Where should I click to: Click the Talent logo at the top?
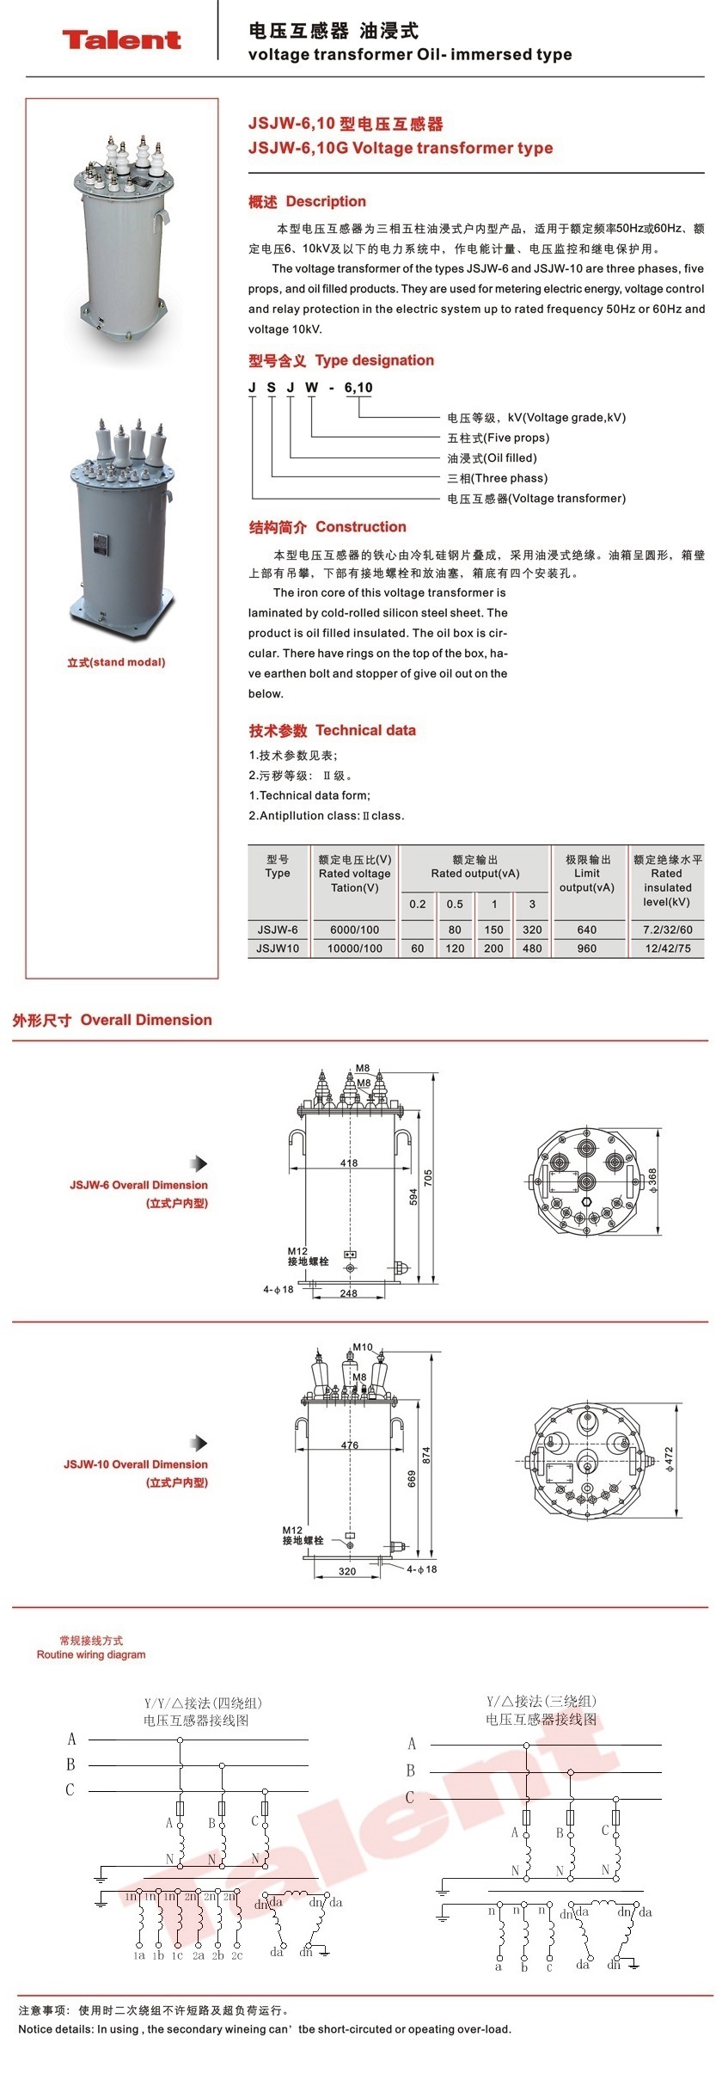coord(121,40)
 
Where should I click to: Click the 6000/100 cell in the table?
coord(354,930)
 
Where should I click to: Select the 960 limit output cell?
coord(587,948)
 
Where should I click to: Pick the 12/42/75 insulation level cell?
coord(667,948)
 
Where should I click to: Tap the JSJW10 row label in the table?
coord(278,948)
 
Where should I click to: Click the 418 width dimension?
coord(349,1163)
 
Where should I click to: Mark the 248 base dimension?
coord(348,1293)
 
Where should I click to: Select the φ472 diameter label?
coord(668,1457)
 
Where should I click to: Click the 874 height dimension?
coord(426,1455)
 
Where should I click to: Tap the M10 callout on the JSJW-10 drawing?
coord(363,1347)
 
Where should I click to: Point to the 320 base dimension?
coord(346,1571)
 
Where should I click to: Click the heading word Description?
coord(326,202)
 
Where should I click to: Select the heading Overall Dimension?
coord(146,1020)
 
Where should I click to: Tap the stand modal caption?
coord(116,662)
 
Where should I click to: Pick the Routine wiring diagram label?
coord(91,1654)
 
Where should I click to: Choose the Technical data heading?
coord(365,731)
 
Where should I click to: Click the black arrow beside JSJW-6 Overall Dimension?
coord(200,1163)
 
